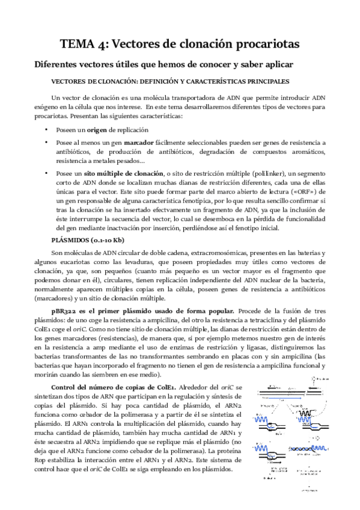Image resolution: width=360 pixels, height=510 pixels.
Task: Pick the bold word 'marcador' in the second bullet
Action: pos(139,143)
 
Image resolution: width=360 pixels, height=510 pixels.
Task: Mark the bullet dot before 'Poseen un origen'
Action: pos(46,131)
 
